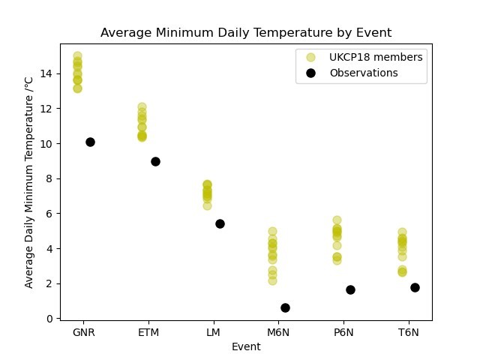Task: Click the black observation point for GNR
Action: coord(90,142)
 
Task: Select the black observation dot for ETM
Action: coord(155,161)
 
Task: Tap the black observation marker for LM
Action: coord(220,223)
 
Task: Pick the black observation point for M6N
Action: coord(285,307)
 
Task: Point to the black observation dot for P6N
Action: coord(350,289)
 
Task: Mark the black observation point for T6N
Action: coord(415,287)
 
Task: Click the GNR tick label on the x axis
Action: coord(83,332)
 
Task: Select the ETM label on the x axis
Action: coord(148,332)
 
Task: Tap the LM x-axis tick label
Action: coord(213,332)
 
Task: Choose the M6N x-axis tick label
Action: coord(278,332)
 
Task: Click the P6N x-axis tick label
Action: coord(343,332)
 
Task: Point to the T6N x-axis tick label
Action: coord(408,332)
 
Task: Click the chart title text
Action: coord(246,33)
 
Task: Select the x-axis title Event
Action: coord(246,346)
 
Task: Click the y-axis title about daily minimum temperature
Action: coord(29,181)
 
